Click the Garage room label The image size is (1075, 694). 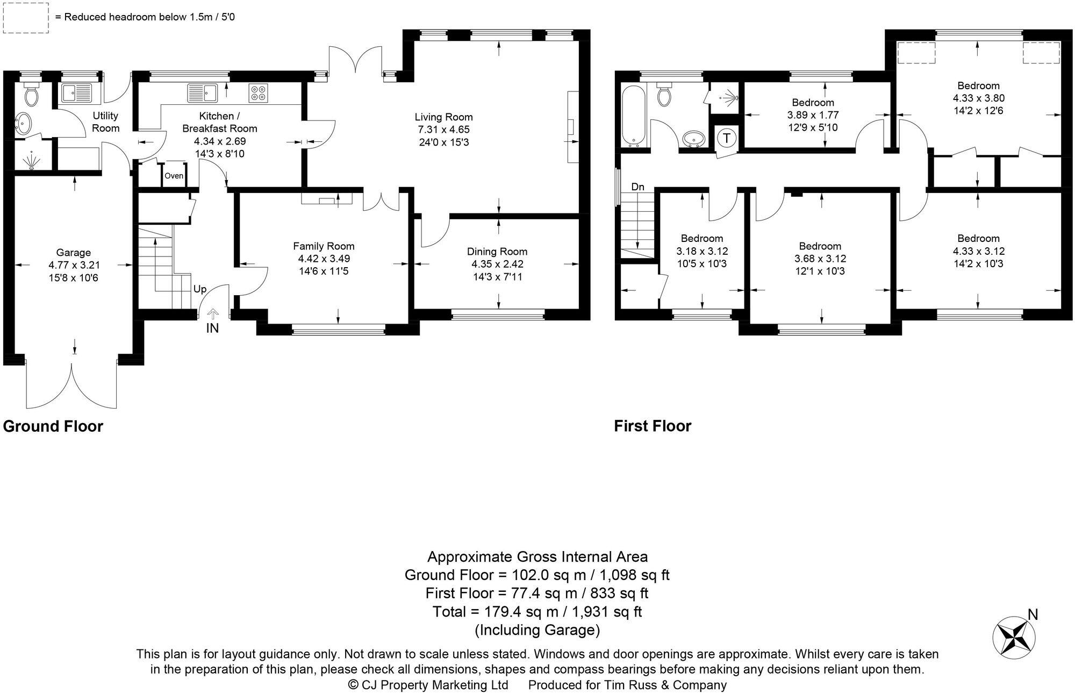(74, 253)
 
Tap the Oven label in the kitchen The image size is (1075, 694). (174, 176)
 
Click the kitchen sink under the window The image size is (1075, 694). (202, 93)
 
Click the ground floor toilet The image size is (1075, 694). (31, 95)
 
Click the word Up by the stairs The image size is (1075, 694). (199, 289)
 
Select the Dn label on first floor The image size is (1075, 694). (637, 187)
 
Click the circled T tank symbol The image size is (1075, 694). (727, 138)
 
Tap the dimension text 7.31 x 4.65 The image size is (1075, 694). (443, 130)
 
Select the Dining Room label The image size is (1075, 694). (497, 252)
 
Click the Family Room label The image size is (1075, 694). (324, 246)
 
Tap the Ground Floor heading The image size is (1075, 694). (53, 426)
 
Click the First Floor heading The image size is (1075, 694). (653, 426)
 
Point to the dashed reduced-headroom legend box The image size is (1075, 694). (25, 18)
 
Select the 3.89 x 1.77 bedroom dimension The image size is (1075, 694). (813, 115)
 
